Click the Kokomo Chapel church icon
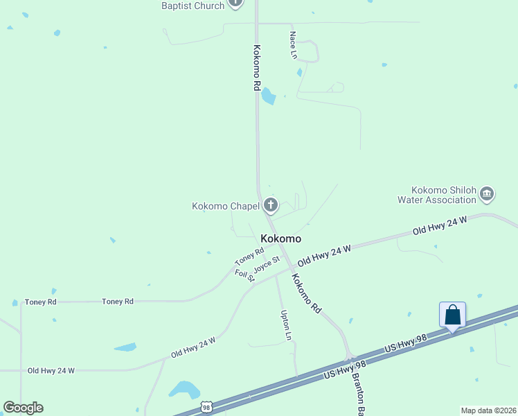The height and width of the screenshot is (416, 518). point(270,205)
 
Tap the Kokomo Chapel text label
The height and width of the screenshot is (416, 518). point(226,206)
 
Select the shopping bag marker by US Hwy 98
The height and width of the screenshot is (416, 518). point(452,315)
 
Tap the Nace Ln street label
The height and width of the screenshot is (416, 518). point(294,44)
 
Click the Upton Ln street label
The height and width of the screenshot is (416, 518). point(285,324)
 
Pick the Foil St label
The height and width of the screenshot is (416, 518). point(245,275)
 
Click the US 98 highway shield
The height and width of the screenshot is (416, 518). point(206,406)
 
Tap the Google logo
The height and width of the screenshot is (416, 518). point(23,408)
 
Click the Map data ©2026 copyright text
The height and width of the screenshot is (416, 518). point(489,410)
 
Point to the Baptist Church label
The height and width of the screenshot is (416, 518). point(193,6)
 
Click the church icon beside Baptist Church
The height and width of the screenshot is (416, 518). point(235,3)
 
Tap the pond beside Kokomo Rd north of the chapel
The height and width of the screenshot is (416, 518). point(268,96)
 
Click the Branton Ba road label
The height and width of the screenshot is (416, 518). point(359,392)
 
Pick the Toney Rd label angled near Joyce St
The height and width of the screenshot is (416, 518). point(249,257)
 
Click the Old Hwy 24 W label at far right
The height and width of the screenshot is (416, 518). point(440,225)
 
